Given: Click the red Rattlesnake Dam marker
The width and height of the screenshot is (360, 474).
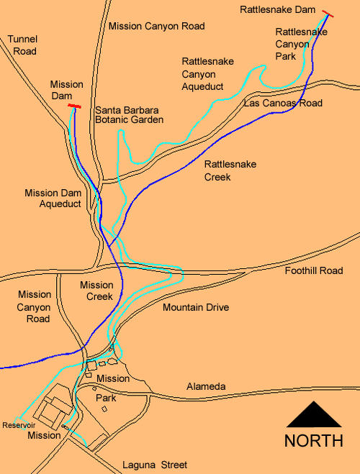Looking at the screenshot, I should tap(328, 13).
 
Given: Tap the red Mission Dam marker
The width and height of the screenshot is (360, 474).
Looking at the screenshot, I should tap(73, 106).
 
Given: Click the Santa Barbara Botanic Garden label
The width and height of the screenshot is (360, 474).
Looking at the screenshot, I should tap(130, 115).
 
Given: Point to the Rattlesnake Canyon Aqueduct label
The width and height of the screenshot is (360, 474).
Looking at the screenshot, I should tap(203, 74).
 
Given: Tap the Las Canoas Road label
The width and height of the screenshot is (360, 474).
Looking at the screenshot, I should tap(283, 103).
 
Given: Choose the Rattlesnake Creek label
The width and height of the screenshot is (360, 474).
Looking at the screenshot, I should tap(230, 170).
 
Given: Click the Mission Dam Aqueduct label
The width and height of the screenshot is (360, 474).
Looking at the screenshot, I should tap(54, 199).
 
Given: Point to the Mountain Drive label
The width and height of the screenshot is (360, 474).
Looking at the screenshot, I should tap(195, 307).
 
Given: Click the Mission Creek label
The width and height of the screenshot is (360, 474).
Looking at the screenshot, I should tap(96, 291).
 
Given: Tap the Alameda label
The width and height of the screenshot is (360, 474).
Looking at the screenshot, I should tap(205, 386).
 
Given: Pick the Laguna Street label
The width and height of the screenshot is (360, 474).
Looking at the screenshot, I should tap(155, 465).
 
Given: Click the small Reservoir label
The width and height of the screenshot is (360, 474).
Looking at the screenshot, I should tap(19, 425).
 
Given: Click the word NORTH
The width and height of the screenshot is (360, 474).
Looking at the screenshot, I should tap(313, 441).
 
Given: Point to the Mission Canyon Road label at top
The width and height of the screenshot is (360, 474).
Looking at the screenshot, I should tap(156, 26).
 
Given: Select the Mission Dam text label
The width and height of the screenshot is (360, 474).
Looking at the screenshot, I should tap(66, 90).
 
